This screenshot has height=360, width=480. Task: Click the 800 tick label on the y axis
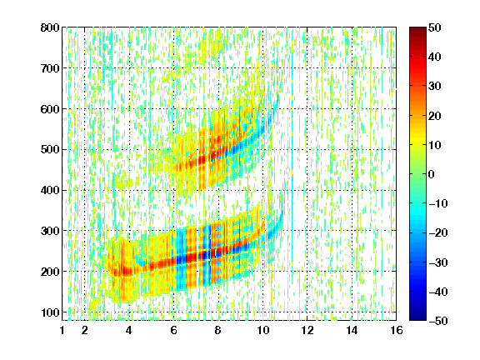click(50, 27)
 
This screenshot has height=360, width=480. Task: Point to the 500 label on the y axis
click(50, 150)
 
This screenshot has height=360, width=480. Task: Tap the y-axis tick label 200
click(50, 272)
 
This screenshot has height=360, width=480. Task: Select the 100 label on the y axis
click(50, 312)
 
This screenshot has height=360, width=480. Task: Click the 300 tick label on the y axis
click(50, 231)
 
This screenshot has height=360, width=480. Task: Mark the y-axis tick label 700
click(50, 68)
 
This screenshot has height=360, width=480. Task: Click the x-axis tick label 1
click(62, 330)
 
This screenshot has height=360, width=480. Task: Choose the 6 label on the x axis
click(173, 330)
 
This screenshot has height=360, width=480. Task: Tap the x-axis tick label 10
click(262, 330)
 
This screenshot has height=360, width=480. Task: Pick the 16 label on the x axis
click(397, 330)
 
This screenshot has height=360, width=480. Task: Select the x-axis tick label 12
click(307, 330)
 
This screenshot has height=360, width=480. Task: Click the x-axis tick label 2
click(85, 330)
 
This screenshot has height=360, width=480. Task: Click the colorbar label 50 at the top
click(434, 27)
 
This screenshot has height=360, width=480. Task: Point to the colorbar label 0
click(432, 174)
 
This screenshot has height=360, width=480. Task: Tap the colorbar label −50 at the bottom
click(437, 321)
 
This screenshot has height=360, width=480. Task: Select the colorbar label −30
click(437, 262)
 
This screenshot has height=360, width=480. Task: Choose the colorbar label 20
click(434, 116)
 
